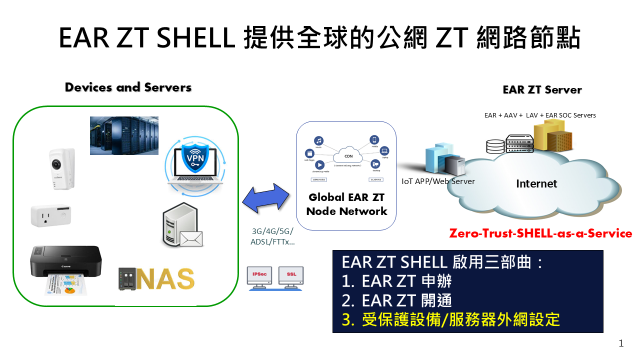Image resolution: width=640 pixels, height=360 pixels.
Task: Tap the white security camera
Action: [62, 168]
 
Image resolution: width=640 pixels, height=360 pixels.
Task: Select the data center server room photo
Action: [124, 135]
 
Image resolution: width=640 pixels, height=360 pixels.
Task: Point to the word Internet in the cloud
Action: [536, 184]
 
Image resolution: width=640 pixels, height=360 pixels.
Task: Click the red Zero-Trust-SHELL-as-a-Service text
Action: [540, 233]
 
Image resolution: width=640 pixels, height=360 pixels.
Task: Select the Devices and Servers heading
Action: [128, 87]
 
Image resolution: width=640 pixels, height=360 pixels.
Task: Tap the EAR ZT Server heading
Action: [542, 90]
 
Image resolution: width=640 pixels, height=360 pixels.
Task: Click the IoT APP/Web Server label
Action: [438, 181]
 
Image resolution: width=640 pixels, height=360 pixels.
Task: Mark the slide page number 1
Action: [621, 343]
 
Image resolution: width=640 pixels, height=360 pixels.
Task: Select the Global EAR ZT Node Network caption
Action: [346, 204]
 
